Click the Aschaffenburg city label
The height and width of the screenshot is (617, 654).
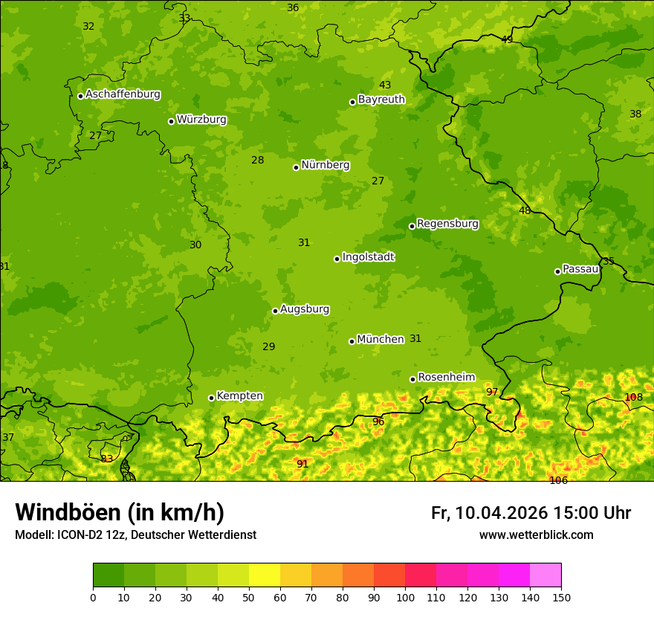click(123, 94)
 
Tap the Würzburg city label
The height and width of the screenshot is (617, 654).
click(201, 120)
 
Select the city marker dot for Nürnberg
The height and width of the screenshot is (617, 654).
click(296, 167)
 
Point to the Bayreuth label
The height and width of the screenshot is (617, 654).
click(381, 100)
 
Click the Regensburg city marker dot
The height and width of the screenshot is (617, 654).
click(412, 226)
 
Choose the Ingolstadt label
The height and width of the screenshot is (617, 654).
click(368, 257)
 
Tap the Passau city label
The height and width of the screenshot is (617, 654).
click(580, 269)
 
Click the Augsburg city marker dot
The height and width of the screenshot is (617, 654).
click(275, 311)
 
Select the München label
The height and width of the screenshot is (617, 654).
click(381, 340)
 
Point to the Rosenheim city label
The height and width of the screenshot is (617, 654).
click(446, 378)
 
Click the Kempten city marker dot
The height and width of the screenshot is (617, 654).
click(211, 398)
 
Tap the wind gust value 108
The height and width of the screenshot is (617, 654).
click(633, 398)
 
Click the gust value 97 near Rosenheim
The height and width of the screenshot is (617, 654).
click(492, 393)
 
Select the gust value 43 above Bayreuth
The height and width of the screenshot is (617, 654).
click(385, 85)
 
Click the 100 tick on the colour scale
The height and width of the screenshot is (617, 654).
click(405, 597)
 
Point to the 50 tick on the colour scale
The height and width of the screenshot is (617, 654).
click(249, 597)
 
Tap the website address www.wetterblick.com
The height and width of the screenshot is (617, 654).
click(536, 535)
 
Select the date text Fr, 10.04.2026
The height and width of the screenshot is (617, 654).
click(489, 513)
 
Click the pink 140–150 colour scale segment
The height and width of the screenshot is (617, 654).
click(545, 575)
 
